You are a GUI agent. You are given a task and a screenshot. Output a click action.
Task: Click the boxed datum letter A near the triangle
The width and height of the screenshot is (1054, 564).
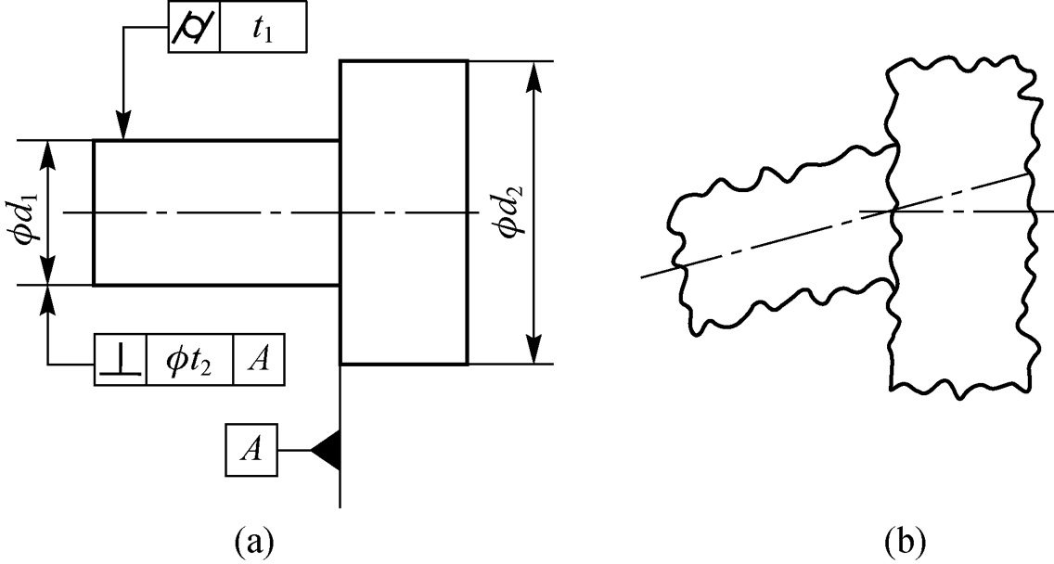coord(250,452)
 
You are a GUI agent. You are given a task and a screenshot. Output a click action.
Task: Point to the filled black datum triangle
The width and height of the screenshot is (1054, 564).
coord(326,452)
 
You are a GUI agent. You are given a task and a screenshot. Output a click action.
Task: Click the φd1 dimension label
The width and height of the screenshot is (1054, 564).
coord(25,213)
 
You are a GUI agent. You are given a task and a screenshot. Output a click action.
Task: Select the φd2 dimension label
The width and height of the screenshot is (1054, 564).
coord(508,213)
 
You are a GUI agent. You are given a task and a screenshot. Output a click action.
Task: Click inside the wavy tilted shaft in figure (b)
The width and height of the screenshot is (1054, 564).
coord(779,250)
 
